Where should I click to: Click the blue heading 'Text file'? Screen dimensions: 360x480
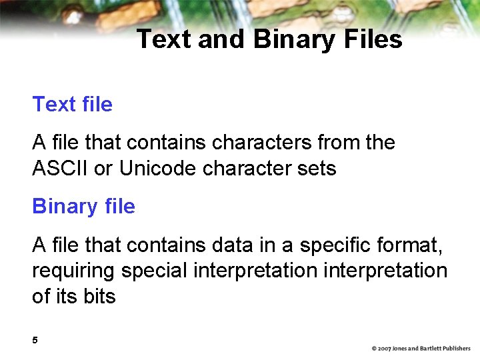tap(72, 104)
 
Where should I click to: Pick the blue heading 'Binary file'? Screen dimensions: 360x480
tap(83, 206)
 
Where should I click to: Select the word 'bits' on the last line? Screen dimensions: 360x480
tap(99, 296)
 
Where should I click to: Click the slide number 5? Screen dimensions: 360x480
tap(35, 341)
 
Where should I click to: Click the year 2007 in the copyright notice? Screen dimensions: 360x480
tap(385, 349)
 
